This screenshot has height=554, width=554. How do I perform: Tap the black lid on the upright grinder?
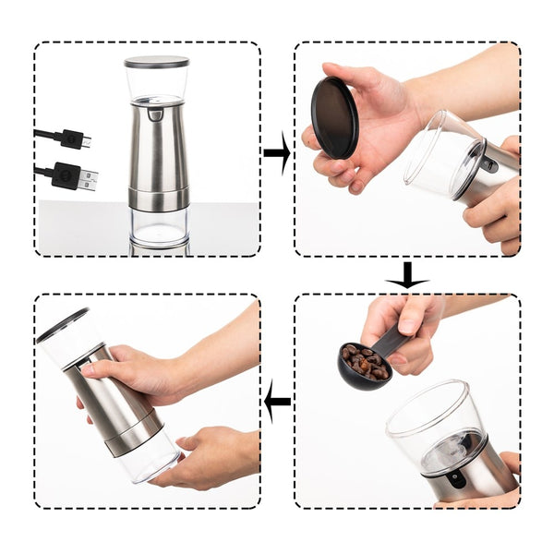pyautogui.click(x=156, y=62)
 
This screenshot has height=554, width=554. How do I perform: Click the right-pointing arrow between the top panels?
pyautogui.click(x=276, y=159)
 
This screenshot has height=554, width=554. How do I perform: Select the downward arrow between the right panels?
pyautogui.click(x=406, y=275)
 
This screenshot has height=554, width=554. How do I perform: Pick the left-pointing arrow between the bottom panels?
pyautogui.click(x=277, y=401)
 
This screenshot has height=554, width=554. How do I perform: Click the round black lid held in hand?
pyautogui.click(x=334, y=117)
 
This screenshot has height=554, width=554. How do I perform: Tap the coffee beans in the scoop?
pyautogui.click(x=362, y=362)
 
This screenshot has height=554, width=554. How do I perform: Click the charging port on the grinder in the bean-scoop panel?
pyautogui.click(x=452, y=479)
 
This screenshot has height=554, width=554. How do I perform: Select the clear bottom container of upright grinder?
pyautogui.click(x=158, y=226)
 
